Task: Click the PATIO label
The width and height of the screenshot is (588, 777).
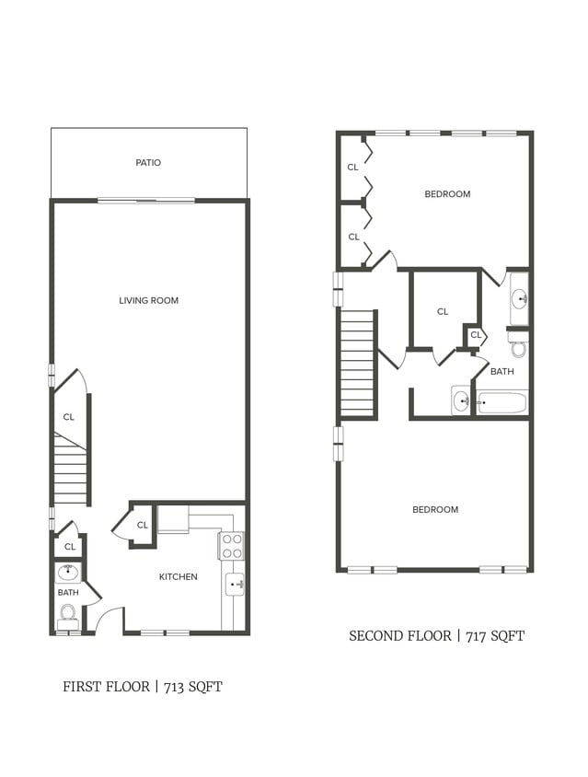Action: (x=148, y=163)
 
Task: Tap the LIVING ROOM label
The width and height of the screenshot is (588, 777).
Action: (x=148, y=301)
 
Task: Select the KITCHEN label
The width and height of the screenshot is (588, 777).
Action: (x=178, y=577)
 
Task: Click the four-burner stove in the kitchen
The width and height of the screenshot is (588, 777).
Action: (x=231, y=547)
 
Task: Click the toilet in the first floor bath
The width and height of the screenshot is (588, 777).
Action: (x=67, y=615)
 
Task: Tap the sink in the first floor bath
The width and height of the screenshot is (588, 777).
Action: (x=68, y=572)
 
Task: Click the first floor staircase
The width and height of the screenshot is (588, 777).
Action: (x=70, y=470)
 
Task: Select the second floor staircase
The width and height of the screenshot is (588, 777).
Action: (x=358, y=364)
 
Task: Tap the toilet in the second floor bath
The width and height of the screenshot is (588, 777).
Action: (x=518, y=347)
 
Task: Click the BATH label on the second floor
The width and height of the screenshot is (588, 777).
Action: (x=502, y=372)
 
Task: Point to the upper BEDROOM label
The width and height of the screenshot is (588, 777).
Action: (x=447, y=194)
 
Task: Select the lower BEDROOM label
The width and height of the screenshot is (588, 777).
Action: (x=434, y=510)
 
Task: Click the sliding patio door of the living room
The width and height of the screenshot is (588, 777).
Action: (x=146, y=200)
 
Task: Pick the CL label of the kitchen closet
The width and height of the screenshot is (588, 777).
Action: (x=143, y=526)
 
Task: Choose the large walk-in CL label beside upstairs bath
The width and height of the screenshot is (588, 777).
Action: (x=443, y=312)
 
